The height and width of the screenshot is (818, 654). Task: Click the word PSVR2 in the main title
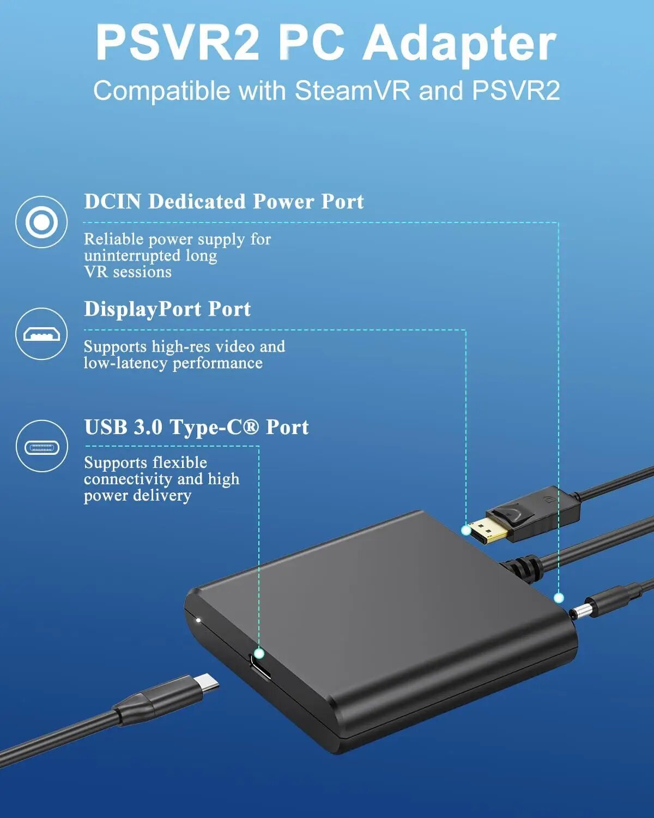click(177, 44)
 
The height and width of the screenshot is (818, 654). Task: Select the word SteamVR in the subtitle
click(352, 91)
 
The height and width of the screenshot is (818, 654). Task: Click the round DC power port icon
click(41, 222)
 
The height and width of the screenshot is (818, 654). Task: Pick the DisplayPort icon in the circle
click(41, 334)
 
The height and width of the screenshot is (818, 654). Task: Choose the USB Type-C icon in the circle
click(41, 447)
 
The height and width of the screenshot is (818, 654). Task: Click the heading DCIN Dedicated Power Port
click(223, 202)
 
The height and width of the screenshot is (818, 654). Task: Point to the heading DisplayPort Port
click(167, 309)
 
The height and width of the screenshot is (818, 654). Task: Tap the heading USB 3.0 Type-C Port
click(196, 427)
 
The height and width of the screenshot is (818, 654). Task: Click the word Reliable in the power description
click(113, 239)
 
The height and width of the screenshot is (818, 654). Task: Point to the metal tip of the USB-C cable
click(207, 683)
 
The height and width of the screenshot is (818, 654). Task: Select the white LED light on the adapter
click(198, 620)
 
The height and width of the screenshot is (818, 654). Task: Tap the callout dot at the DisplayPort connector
click(466, 530)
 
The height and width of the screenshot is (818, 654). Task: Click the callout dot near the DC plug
click(559, 598)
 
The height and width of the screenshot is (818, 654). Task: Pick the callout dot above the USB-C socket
click(259, 653)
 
